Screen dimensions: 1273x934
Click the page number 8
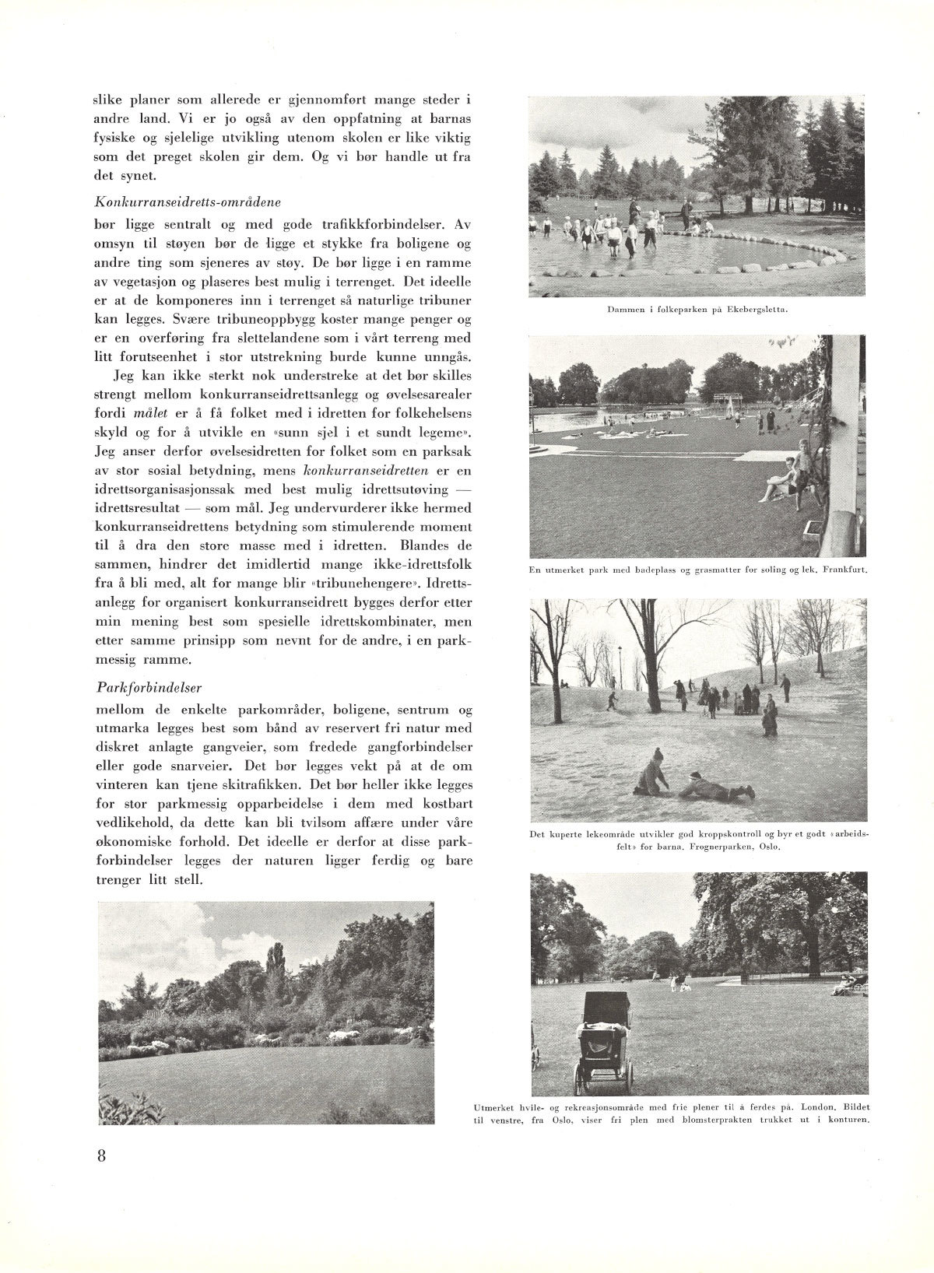point(101,1154)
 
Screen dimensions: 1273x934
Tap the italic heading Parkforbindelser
point(149,688)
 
